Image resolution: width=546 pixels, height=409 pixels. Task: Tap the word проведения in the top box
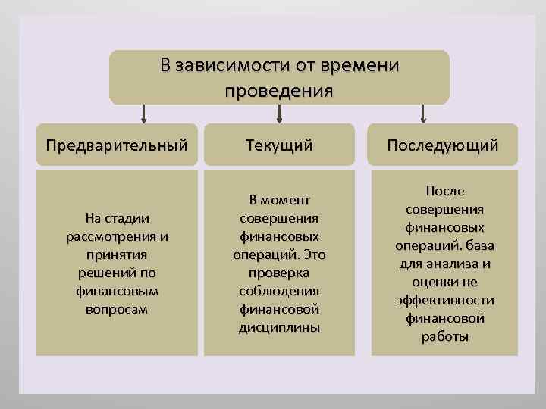279,92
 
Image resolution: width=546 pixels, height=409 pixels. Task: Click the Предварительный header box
117,145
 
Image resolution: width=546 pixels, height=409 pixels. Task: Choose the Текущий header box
279,145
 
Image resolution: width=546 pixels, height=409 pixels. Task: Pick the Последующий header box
443,145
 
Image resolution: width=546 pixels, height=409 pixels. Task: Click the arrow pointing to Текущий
280,114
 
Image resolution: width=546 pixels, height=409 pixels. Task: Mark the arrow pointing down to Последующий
423,114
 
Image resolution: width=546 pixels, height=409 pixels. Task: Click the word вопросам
118,309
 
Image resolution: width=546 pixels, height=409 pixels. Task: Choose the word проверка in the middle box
279,273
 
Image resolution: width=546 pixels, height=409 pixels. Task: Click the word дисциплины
279,327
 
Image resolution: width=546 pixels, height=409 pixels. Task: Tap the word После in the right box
445,191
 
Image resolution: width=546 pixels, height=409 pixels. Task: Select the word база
474,245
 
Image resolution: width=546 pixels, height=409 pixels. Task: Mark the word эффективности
445,301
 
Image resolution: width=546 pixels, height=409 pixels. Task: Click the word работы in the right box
445,336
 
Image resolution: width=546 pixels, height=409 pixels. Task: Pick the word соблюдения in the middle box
279,291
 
